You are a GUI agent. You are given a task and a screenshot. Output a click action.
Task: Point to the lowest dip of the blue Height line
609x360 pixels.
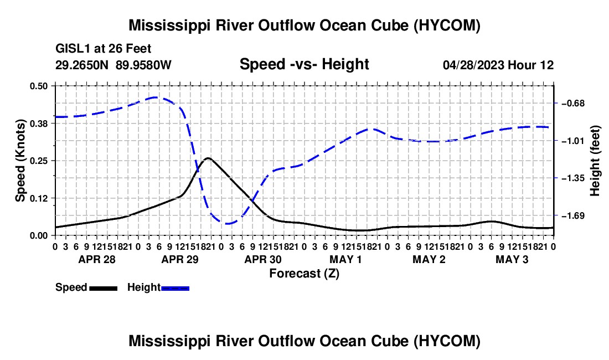[x=228, y=224]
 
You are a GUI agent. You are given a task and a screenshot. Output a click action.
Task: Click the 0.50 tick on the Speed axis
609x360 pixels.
[x=39, y=86]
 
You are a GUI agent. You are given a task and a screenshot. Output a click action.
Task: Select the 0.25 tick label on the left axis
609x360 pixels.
[x=39, y=161]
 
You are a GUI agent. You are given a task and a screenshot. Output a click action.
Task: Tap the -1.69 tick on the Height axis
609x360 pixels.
[x=572, y=215]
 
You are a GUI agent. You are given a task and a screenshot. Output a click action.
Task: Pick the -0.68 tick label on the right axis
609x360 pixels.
[x=572, y=104]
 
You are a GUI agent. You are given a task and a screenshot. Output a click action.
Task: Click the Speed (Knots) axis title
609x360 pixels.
[x=20, y=161]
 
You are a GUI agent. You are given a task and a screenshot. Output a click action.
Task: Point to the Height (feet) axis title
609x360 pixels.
[x=595, y=161]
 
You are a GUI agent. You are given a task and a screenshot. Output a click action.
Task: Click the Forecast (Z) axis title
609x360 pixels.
[x=304, y=274]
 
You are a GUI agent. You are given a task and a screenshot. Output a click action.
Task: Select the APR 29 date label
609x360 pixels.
[x=180, y=259]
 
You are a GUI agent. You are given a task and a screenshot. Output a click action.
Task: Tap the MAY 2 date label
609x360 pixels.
[x=429, y=259]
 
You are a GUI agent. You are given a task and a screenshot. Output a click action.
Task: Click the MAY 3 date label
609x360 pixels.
[x=512, y=259]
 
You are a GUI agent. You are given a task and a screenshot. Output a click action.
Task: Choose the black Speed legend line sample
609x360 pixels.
[x=104, y=288]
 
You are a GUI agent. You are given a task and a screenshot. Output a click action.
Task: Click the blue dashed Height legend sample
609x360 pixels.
[x=175, y=288]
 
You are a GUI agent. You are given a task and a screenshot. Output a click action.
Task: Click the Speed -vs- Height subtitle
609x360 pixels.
[x=304, y=64]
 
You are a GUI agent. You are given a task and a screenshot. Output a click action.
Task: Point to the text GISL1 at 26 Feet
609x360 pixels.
[x=104, y=49]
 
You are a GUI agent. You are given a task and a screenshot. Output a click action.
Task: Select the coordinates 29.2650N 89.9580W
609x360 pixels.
[x=113, y=65]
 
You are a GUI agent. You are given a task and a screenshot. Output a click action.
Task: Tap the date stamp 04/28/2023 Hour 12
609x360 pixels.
[x=498, y=65]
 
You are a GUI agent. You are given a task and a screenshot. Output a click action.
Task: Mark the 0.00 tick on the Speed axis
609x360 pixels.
[x=39, y=236]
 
